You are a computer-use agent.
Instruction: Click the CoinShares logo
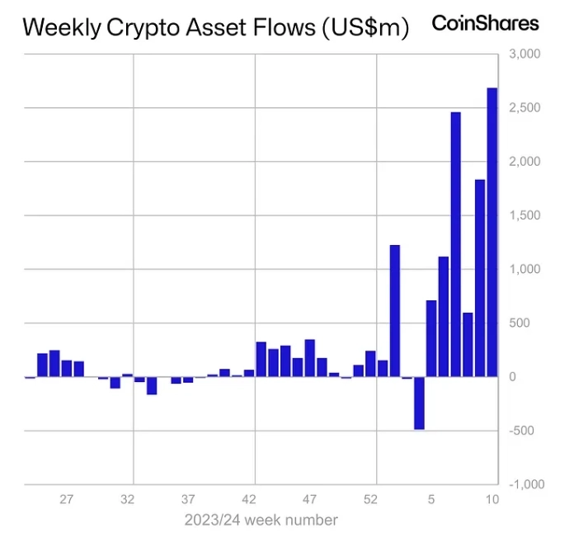[x=485, y=23]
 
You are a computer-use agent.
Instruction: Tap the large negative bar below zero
[x=419, y=403]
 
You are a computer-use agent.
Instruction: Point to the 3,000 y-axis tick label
[x=524, y=54]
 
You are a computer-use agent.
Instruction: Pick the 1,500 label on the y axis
[x=524, y=216]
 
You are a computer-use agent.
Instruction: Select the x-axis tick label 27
[x=67, y=499]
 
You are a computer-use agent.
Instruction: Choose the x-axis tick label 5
[x=431, y=499]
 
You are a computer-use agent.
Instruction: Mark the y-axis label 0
[x=513, y=377]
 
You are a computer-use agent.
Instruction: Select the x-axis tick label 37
[x=188, y=499]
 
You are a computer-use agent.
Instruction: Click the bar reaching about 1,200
[x=394, y=311]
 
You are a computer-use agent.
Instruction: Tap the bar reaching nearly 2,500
[x=455, y=244]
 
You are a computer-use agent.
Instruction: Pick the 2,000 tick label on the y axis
[x=524, y=162]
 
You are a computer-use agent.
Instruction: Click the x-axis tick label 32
[x=127, y=499]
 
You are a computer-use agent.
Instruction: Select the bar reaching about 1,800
[x=480, y=278]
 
